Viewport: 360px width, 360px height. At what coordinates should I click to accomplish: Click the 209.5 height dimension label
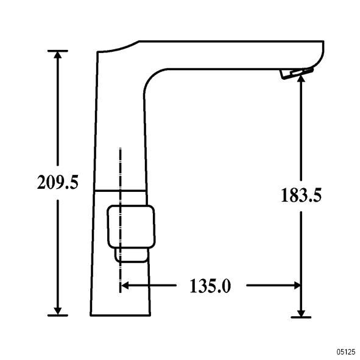point(58,182)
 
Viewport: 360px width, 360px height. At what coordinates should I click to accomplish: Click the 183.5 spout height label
point(301,195)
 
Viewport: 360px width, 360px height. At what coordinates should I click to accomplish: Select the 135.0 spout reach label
point(210,286)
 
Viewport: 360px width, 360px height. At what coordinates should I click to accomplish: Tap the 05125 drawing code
point(346,351)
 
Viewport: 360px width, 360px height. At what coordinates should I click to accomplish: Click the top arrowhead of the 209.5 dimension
point(58,55)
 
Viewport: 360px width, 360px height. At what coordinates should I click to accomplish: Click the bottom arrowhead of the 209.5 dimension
point(58,311)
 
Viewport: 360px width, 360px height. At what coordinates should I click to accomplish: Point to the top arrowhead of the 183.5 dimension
point(301,79)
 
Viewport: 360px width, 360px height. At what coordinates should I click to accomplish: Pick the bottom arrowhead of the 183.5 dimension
point(301,313)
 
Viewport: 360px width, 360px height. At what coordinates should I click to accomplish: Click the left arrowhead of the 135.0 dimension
point(124,286)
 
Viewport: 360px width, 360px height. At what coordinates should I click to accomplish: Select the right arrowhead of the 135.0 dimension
point(297,286)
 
